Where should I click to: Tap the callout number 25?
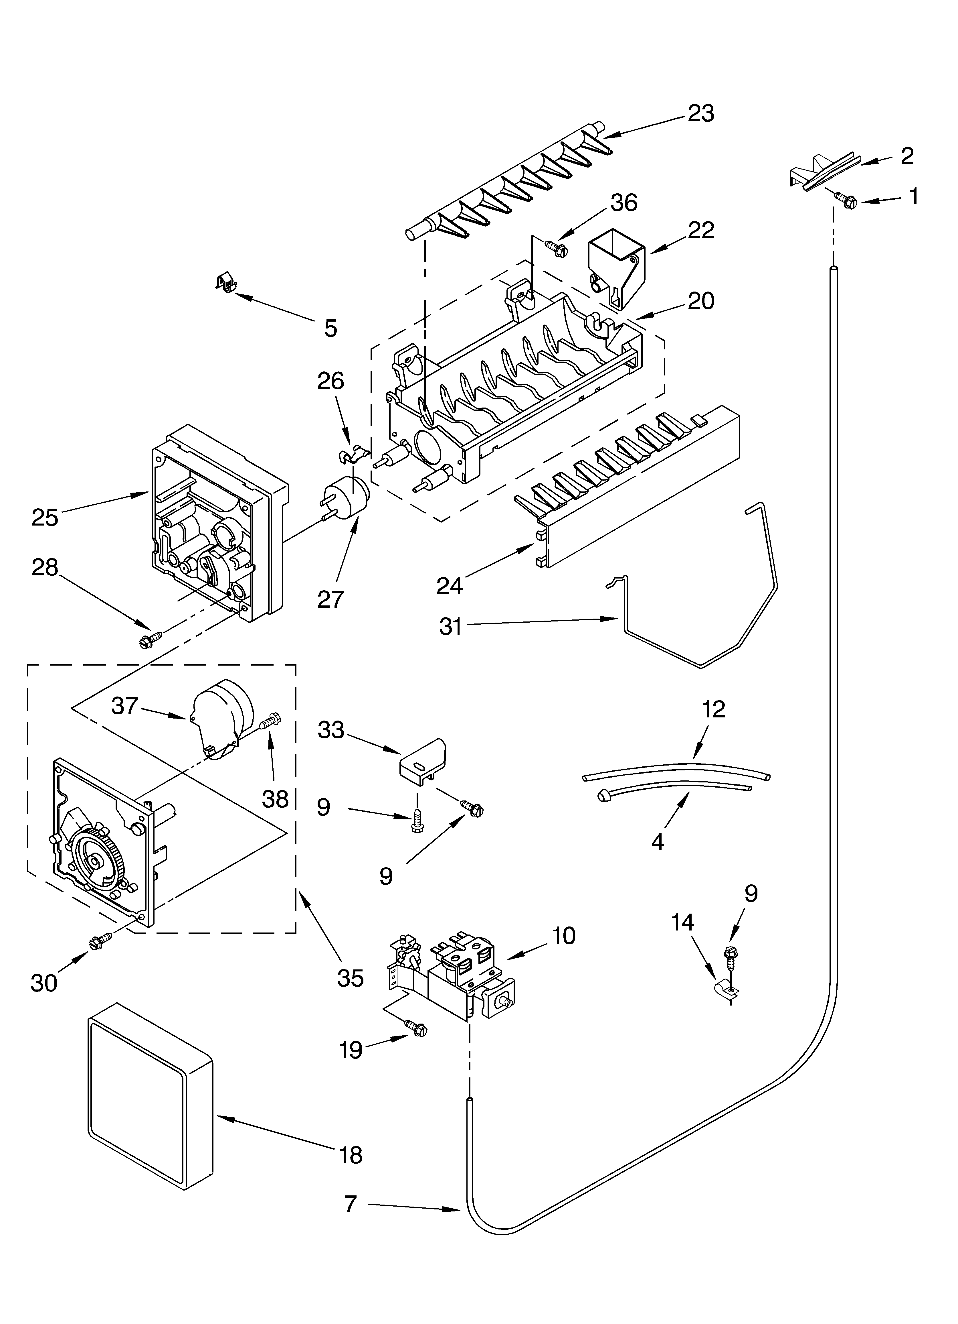[x=45, y=517]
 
